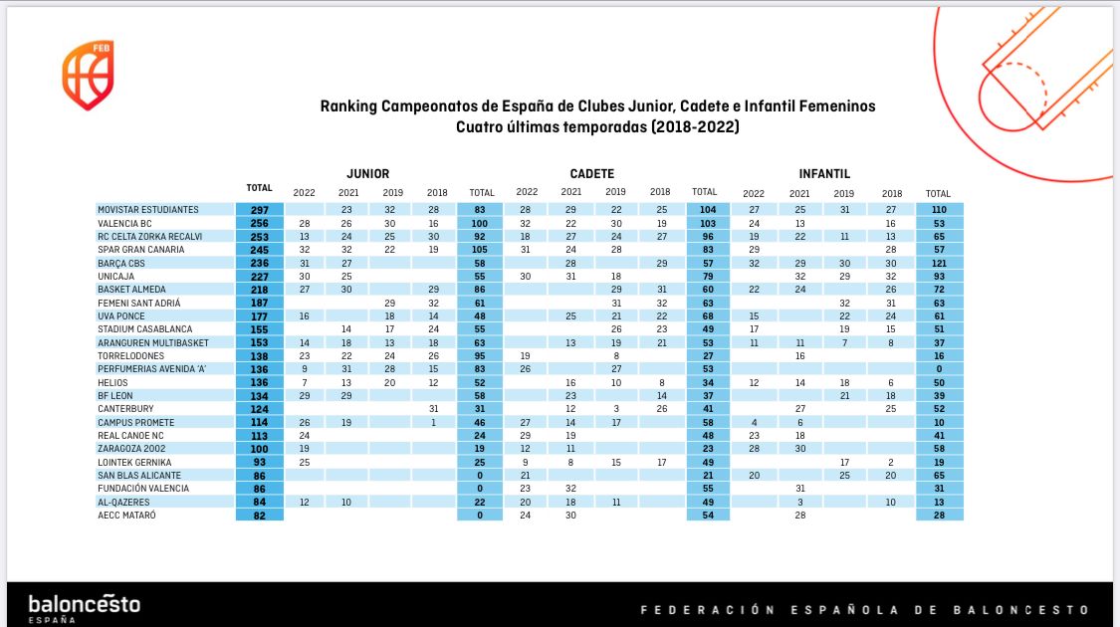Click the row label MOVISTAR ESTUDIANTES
coord(148,210)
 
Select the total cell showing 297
coord(259,210)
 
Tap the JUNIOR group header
coord(367,173)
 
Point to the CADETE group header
coord(591,173)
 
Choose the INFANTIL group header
coord(824,173)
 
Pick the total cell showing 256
coord(259,223)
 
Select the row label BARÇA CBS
coord(120,263)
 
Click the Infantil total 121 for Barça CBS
coord(938,263)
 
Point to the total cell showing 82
coord(259,515)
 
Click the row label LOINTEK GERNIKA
coord(134,462)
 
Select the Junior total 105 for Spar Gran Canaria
coord(482,250)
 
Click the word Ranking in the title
coord(347,105)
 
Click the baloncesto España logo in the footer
coord(84,607)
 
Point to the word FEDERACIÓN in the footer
coord(703,609)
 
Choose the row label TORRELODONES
coord(131,355)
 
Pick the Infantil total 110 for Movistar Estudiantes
coord(938,210)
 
